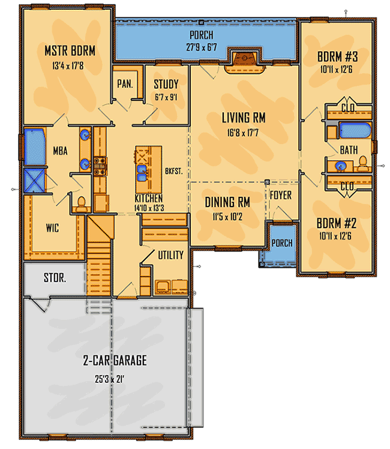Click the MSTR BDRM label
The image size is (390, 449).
point(70,51)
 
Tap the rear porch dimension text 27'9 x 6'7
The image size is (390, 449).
point(202,47)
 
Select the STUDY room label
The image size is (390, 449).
point(166,84)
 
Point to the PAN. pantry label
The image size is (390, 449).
point(125,84)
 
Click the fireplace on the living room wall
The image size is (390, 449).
point(245,61)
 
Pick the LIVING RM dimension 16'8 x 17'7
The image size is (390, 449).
point(243,133)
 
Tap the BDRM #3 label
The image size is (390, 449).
point(338,56)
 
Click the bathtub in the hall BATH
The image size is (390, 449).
point(355,130)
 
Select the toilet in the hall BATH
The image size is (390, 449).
point(363,163)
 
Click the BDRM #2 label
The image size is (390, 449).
point(337,223)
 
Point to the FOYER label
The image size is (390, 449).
point(281,195)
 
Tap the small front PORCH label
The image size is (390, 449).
point(282,243)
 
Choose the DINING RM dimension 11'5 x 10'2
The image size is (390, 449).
point(227,217)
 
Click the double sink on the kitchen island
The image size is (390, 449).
point(142,173)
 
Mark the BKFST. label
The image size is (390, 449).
point(173,171)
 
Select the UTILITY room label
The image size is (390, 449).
point(171,255)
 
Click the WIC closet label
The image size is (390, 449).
point(52,228)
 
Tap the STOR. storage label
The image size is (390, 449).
point(55,277)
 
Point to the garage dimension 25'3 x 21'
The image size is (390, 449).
point(110,379)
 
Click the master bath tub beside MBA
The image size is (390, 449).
point(35,147)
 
